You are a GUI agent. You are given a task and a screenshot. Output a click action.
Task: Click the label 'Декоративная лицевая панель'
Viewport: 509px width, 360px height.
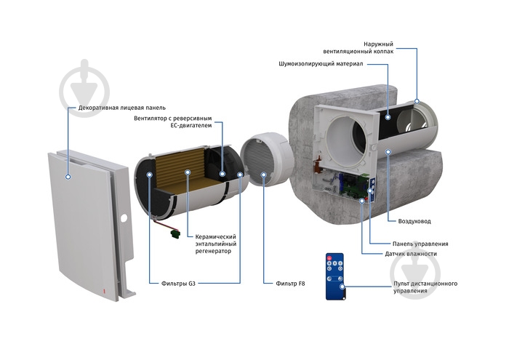click(121, 108)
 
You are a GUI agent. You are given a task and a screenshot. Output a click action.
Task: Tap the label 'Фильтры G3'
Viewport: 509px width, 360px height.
click(178, 284)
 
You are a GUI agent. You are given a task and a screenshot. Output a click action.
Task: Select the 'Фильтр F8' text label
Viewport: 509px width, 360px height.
click(290, 284)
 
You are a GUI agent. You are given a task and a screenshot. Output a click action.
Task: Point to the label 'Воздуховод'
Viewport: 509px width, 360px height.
click(414, 221)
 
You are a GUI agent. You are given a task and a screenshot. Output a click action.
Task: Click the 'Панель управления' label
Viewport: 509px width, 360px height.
click(420, 244)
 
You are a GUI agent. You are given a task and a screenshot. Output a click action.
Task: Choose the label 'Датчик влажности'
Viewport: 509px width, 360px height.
click(411, 254)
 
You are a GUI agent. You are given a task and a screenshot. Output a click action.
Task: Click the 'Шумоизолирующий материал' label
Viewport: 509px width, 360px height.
click(321, 64)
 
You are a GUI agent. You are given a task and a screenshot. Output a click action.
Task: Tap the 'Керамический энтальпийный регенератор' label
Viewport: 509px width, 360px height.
click(215, 244)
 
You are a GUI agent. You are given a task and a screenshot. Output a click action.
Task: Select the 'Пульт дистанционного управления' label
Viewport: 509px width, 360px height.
click(425, 287)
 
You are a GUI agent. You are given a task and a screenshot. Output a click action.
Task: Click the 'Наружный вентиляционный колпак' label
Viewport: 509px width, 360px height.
click(358, 48)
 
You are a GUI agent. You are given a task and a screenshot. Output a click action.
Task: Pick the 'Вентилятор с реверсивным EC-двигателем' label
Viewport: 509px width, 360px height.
click(173, 121)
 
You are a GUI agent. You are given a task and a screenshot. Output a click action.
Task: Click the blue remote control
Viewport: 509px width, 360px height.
click(334, 276)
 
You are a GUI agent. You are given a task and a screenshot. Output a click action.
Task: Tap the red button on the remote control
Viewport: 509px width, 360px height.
click(329, 258)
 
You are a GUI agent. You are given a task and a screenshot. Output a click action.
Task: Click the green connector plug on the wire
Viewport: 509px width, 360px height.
click(175, 233)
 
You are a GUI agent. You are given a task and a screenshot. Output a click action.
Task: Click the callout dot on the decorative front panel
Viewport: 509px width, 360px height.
click(68, 177)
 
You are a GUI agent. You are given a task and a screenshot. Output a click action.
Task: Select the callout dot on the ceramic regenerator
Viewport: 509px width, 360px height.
click(188, 172)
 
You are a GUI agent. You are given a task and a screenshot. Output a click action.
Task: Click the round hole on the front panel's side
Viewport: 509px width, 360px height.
click(124, 218)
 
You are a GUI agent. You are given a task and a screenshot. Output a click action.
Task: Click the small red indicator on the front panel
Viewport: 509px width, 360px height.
click(105, 291)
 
